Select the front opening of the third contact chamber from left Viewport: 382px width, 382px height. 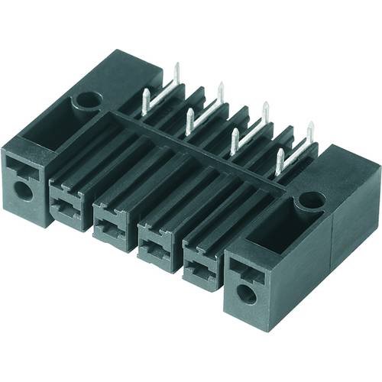click(x=155, y=241)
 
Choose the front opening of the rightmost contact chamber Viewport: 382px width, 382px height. click(x=200, y=264)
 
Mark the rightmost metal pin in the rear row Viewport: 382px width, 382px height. click(x=310, y=132)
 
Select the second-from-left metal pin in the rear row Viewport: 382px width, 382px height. click(x=220, y=93)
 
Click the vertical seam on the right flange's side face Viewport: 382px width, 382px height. click(x=330, y=244)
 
